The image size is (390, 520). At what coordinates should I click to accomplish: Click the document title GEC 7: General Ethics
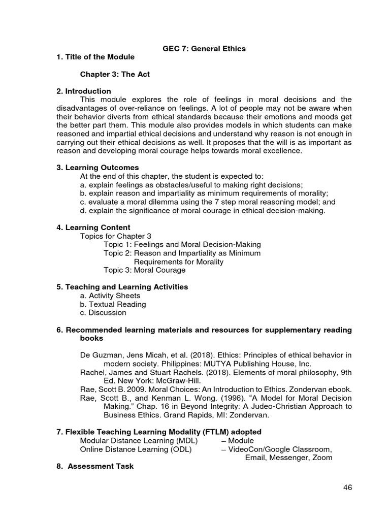coord(204,49)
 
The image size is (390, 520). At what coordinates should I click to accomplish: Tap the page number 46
coord(347,487)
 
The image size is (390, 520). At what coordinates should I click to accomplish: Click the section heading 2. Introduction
coord(84,91)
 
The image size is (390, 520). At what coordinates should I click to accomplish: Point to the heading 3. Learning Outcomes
coord(97,167)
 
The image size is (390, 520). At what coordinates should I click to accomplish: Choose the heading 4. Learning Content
coord(93,227)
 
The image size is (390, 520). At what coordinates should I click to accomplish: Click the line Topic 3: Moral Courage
coord(144,270)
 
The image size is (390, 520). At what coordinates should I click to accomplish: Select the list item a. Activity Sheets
coord(110,296)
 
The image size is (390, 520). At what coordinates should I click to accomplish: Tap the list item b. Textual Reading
coord(113,304)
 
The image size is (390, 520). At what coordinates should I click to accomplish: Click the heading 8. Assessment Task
coord(95,466)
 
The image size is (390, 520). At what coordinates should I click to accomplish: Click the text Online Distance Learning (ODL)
coord(136,449)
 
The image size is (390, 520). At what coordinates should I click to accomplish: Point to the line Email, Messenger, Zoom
coord(288,458)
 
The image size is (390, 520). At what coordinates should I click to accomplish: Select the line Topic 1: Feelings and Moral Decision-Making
coord(182,244)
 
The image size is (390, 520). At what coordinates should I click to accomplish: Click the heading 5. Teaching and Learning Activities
coord(122,287)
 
